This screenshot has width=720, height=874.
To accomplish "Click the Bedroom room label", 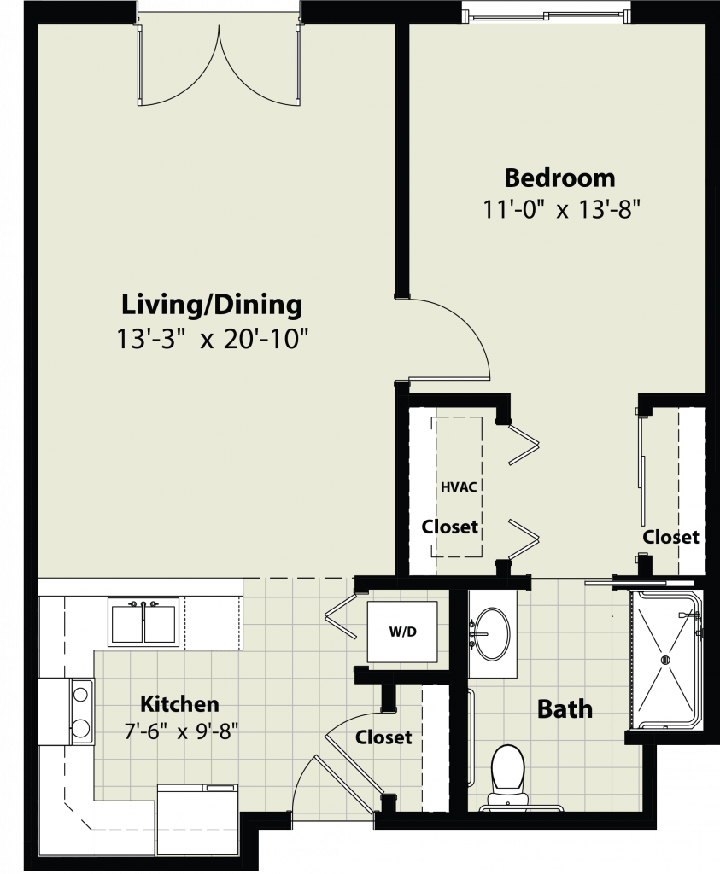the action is [560, 178].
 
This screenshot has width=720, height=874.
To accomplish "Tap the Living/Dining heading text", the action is [212, 306].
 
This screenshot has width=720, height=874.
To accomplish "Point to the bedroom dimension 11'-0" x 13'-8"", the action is [560, 210].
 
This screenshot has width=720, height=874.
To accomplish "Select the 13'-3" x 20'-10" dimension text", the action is [212, 338].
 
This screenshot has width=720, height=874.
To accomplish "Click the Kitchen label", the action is [179, 704].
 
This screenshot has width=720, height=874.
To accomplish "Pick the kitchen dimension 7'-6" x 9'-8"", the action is [181, 731].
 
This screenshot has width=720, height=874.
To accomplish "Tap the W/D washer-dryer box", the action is [402, 632].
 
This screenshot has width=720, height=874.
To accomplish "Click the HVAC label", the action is [459, 487].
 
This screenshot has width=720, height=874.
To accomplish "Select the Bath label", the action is [565, 709].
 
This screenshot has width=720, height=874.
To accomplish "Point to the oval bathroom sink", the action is [491, 633].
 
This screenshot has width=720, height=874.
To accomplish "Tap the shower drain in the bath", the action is [664, 660].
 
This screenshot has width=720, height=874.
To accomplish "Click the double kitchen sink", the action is [143, 622].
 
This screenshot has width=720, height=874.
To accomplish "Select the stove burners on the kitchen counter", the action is [81, 711].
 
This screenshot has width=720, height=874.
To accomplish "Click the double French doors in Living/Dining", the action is [219, 64].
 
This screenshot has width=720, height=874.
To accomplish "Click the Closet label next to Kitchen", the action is [383, 737].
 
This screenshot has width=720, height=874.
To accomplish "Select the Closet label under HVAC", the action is [449, 527].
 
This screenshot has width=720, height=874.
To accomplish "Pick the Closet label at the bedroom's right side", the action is [670, 537].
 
